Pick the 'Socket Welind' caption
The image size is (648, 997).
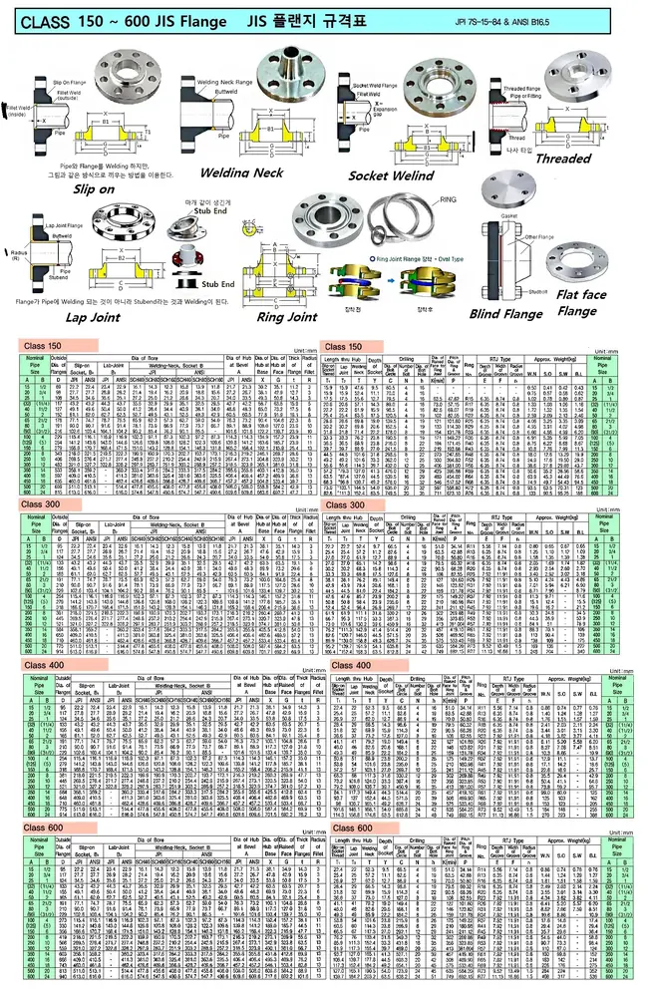click(394, 176)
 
